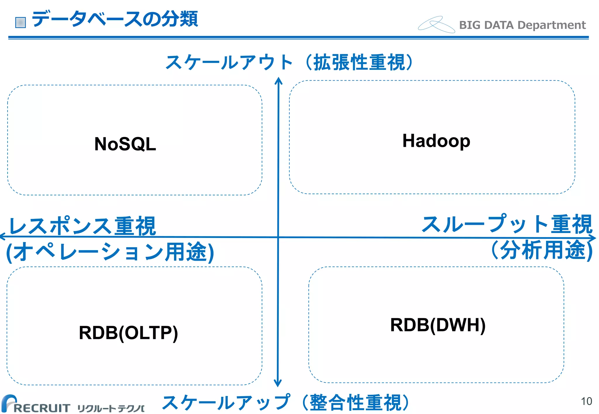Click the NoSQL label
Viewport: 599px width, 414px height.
tap(125, 144)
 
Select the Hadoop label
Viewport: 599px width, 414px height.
tap(436, 141)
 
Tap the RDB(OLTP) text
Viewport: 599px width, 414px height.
tap(128, 333)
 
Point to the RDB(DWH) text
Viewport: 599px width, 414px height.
tap(438, 325)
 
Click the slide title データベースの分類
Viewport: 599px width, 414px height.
tap(115, 19)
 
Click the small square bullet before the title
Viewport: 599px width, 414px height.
tap(20, 22)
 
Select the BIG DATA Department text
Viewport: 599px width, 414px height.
tap(522, 25)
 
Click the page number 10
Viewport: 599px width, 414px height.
tap(586, 401)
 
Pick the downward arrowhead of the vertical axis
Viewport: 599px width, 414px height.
tap(278, 383)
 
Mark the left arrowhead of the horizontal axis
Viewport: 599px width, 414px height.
tap(3, 236)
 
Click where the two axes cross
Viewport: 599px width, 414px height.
tap(278, 237)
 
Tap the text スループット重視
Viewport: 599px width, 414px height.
tap(507, 224)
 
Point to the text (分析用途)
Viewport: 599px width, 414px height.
tap(542, 250)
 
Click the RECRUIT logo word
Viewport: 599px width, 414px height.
tap(41, 408)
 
